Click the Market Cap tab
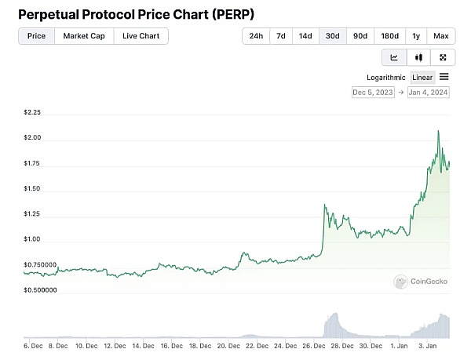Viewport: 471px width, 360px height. (x=84, y=36)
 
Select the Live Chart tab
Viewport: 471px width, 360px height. (x=141, y=36)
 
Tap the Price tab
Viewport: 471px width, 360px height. (x=36, y=36)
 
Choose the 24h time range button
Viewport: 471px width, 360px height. (x=256, y=36)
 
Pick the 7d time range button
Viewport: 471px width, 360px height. (x=280, y=36)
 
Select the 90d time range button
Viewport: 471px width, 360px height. (x=360, y=36)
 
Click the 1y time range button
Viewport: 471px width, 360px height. (x=416, y=36)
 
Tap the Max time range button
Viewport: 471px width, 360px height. (x=441, y=36)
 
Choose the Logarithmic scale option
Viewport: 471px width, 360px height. (x=386, y=77)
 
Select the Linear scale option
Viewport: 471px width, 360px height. (x=422, y=77)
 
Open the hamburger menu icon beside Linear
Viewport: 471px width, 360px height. (x=444, y=77)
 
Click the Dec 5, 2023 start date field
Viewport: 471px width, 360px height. (x=373, y=93)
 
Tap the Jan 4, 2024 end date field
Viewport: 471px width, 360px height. (x=429, y=93)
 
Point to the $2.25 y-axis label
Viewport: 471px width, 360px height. (x=32, y=112)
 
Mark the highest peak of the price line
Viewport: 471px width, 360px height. (x=437, y=130)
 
